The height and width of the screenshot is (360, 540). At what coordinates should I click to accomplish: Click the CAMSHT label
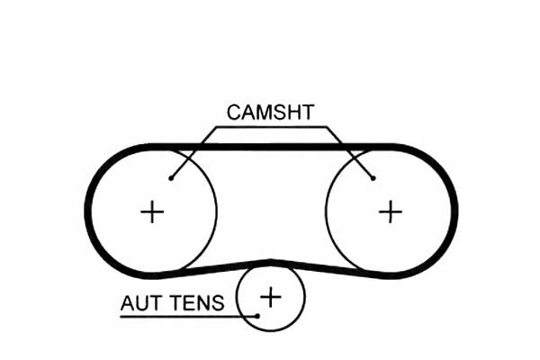coord(270,112)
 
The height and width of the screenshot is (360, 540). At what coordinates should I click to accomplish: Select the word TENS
coord(198,303)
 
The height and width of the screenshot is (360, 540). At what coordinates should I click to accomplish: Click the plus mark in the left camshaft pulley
coord(152,211)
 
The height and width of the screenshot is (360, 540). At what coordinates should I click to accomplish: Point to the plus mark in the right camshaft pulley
coord(391,211)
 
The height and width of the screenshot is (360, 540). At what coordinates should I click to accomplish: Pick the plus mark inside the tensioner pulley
coord(271,297)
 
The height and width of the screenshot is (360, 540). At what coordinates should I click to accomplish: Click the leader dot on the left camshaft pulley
coord(171,178)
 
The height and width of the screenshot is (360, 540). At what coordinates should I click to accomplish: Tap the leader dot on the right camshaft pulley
coord(373,178)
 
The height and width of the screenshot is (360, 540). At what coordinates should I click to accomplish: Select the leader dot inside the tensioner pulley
coord(257,316)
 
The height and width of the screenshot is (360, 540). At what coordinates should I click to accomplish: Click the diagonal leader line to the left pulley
coord(193,153)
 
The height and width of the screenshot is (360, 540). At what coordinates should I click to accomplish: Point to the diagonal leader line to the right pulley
coord(350,153)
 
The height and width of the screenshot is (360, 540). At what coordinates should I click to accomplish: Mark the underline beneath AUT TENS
coord(189,316)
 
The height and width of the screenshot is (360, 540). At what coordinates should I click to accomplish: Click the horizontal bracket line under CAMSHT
coord(272,127)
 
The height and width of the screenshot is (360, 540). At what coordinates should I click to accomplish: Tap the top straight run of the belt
coord(272,147)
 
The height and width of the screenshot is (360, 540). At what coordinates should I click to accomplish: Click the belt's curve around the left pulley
coord(88,211)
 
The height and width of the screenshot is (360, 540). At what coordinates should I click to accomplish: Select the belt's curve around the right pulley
coord(454,211)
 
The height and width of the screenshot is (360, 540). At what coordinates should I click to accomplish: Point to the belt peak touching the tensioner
coord(272,263)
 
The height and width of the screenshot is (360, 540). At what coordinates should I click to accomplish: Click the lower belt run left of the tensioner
coord(210,269)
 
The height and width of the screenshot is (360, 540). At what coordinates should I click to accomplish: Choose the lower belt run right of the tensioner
coord(330,269)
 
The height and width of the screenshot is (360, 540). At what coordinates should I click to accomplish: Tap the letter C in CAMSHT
coord(234,112)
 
